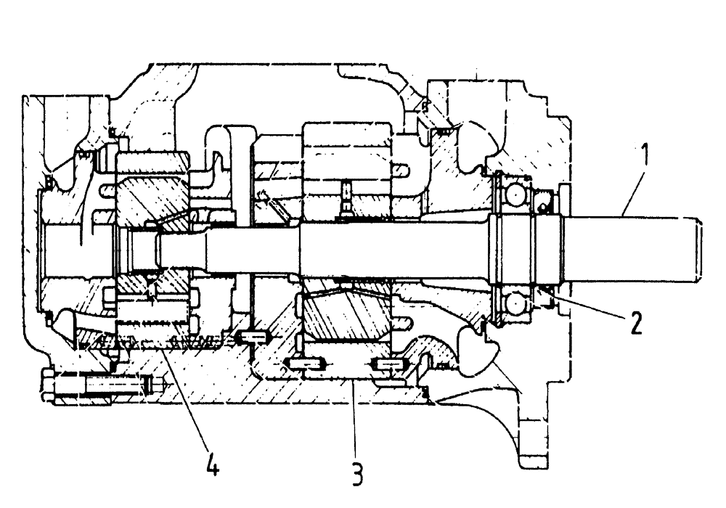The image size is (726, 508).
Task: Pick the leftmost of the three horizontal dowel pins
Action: coord(252,337)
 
